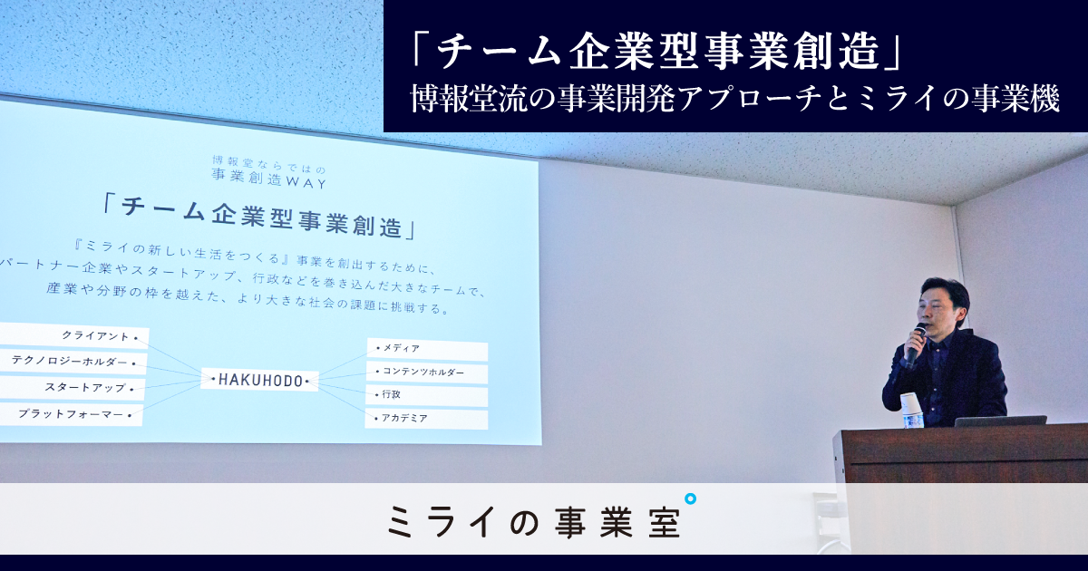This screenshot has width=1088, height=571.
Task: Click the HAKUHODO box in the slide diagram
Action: [260, 380]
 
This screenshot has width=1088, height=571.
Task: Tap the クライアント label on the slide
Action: [73, 335]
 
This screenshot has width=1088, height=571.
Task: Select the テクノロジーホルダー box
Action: [73, 362]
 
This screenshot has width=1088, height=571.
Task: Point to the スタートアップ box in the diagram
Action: [73, 388]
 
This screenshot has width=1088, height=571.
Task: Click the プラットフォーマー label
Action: [72, 414]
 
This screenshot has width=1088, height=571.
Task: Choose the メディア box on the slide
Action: [427, 349]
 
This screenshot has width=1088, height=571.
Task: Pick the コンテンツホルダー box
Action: [427, 373]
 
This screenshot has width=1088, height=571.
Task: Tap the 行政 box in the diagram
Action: [426, 396]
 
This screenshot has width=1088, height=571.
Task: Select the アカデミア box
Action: [426, 419]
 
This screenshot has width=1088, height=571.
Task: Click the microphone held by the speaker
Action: [916, 342]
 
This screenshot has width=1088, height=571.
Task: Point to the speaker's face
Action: [935, 311]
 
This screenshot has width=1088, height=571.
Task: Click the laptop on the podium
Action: [999, 421]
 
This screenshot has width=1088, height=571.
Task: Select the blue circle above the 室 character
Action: [690, 499]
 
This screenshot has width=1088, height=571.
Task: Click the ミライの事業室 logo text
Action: [534, 521]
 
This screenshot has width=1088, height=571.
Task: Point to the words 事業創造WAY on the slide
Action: [269, 179]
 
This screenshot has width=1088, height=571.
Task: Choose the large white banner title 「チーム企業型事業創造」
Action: [658, 53]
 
